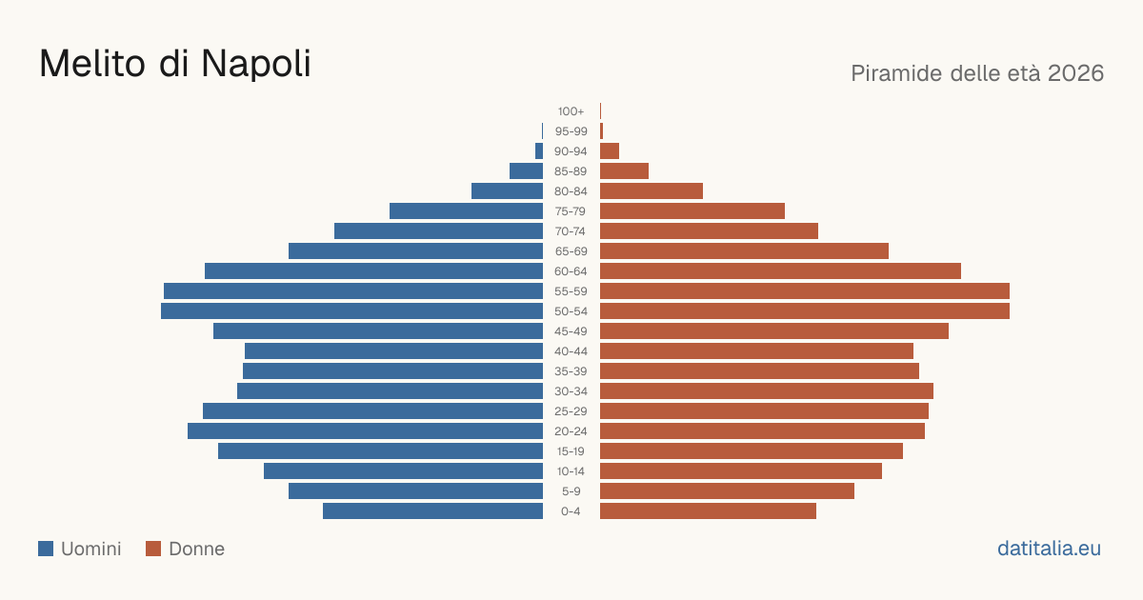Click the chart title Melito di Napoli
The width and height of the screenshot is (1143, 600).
click(175, 64)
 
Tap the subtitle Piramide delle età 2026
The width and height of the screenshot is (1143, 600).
click(977, 73)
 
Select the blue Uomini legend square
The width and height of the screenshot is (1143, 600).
click(46, 549)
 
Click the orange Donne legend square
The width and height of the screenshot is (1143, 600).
click(153, 549)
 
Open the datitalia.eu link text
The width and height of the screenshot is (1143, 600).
click(1049, 549)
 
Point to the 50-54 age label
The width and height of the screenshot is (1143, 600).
click(571, 311)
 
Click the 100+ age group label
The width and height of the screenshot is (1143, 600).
click(571, 111)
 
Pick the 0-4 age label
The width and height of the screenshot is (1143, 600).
click(571, 511)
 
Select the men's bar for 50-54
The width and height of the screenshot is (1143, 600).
click(352, 311)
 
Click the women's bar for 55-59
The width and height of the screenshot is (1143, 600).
click(805, 291)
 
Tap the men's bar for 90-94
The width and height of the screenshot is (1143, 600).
click(539, 151)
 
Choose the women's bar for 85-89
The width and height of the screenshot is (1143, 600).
click(624, 170)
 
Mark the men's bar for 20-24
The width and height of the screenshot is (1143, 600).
click(366, 431)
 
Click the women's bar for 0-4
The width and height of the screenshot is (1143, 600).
click(709, 511)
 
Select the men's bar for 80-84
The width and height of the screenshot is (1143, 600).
click(507, 191)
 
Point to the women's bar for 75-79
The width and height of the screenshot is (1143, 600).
click(692, 211)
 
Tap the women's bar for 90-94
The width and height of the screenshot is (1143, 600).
click(610, 151)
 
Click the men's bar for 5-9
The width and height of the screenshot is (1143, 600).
click(416, 491)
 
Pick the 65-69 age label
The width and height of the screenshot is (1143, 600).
click(571, 251)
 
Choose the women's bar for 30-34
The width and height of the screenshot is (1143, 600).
click(767, 391)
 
